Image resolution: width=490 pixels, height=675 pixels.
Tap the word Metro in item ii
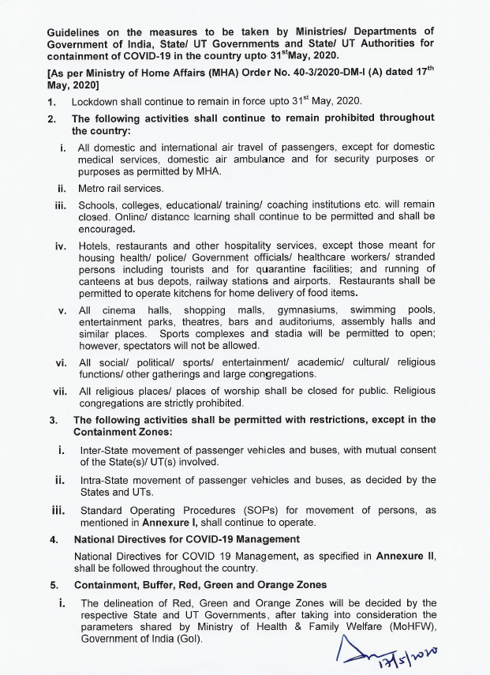(92, 189)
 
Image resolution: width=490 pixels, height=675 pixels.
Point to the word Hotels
(95, 246)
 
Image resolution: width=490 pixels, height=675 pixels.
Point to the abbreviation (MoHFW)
(407, 627)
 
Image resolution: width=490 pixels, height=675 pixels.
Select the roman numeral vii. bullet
(60, 391)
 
